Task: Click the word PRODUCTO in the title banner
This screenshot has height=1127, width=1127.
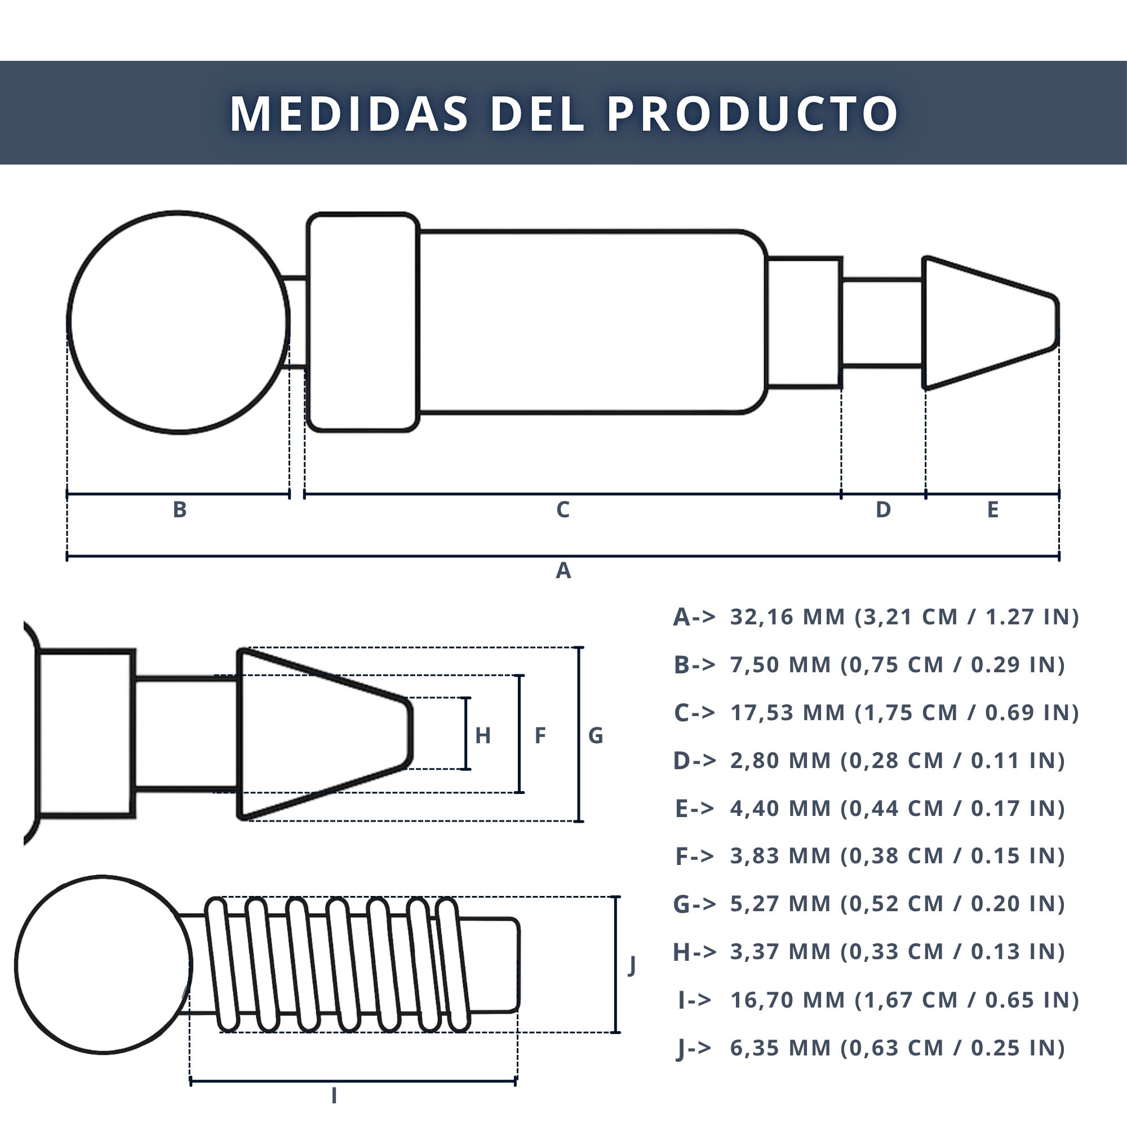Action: point(753,113)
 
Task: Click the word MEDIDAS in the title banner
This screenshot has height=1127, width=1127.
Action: point(349,113)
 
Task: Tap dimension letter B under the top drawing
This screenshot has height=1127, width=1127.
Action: point(180,510)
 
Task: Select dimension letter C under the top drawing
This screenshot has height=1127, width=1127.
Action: point(563,510)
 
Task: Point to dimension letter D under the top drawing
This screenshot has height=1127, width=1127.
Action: point(883,510)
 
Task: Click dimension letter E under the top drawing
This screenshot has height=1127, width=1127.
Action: point(993,510)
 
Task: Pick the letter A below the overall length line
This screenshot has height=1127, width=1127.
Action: point(563,570)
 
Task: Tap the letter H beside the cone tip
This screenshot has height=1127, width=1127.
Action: point(482,735)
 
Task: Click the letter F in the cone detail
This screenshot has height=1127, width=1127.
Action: point(540,735)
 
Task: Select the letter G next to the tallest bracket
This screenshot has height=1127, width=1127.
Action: point(596,735)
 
